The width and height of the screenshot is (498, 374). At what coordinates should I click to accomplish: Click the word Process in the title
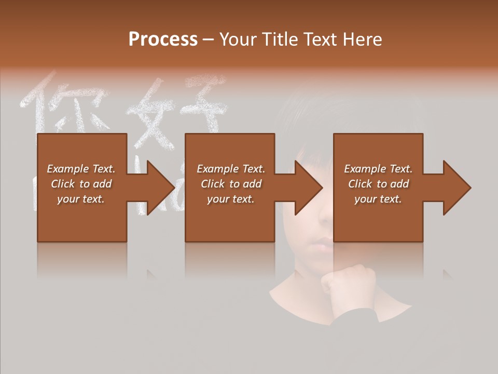tap(163, 39)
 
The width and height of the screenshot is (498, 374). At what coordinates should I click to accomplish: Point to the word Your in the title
tap(237, 39)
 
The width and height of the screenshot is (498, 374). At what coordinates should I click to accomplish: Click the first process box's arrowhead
tap(160, 188)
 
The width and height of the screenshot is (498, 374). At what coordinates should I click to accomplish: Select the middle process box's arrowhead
tap(308, 188)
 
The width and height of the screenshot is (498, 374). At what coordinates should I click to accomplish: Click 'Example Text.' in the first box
tap(81, 169)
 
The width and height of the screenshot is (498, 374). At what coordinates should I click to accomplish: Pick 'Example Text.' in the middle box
tap(231, 169)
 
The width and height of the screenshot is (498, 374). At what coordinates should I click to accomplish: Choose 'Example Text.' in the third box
tap(378, 169)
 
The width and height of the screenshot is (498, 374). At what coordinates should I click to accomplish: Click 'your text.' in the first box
tap(81, 199)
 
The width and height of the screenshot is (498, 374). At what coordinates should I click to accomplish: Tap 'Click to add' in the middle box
tap(231, 184)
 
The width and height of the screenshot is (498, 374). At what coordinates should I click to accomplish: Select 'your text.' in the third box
tap(378, 199)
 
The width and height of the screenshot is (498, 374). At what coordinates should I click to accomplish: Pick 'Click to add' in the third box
tap(378, 184)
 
